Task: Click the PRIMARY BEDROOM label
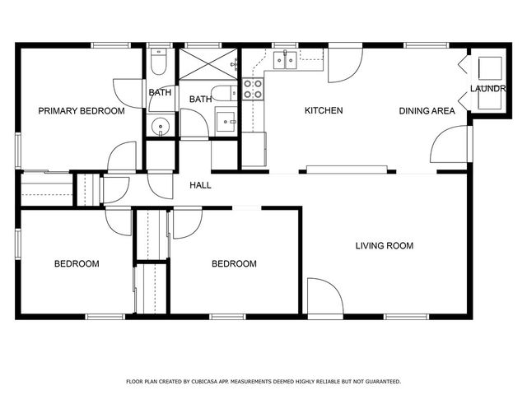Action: (82, 110)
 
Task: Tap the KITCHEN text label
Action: (324, 110)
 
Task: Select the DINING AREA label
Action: (427, 110)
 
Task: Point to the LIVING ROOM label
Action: (384, 245)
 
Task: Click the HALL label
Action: (200, 185)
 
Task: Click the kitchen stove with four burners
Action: (253, 88)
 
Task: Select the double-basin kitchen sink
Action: (286, 60)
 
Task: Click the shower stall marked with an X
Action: (208, 64)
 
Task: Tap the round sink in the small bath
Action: (161, 127)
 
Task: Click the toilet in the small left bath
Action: (159, 62)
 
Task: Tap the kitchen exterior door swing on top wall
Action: (344, 66)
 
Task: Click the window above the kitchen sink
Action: (285, 46)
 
